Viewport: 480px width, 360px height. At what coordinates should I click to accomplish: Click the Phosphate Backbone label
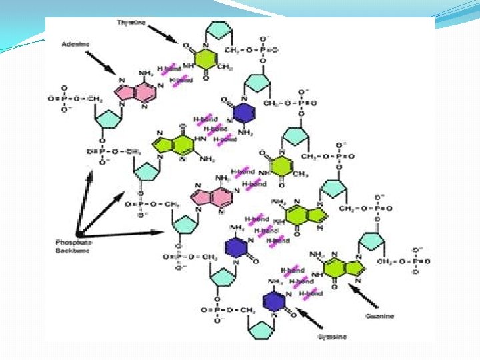(x=73, y=247)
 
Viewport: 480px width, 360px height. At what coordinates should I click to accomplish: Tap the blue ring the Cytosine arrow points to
(x=275, y=301)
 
